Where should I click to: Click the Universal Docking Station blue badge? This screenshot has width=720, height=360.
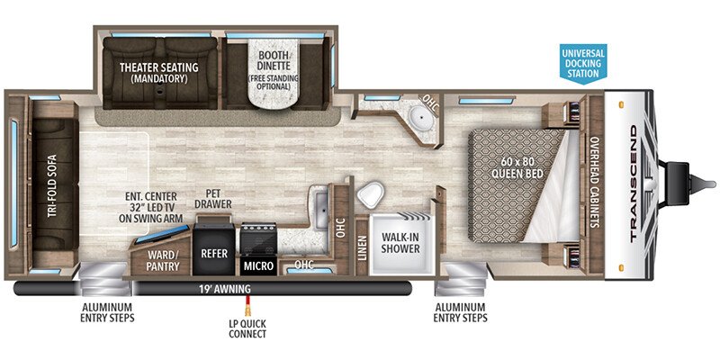coord(582,63)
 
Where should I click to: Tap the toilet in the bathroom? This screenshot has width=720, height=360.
coord(370,195)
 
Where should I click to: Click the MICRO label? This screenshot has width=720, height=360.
coord(258,265)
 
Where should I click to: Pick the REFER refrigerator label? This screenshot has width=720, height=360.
coord(214,253)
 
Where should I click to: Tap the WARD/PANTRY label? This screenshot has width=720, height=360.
coord(161,260)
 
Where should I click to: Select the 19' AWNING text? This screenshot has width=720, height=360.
coord(224,289)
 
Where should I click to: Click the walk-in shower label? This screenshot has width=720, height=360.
coord(400,243)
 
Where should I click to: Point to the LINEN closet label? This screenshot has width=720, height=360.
coord(363,248)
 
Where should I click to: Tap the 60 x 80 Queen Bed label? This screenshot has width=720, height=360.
coord(517,168)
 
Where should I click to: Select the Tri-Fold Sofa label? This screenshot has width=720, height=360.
coord(51,184)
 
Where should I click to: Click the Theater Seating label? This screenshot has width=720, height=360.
coord(159,73)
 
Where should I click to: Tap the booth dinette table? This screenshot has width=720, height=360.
coord(273,75)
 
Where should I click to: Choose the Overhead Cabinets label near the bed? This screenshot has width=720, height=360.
coord(596,183)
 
